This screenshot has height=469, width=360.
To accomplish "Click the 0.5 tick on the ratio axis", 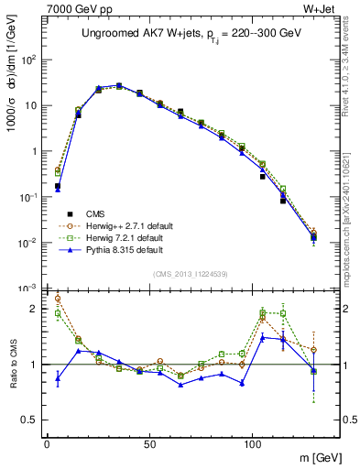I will coord(30,420).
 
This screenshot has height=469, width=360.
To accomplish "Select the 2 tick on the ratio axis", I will coord(36,309).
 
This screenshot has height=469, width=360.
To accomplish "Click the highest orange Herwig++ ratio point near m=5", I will coord(58,298).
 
